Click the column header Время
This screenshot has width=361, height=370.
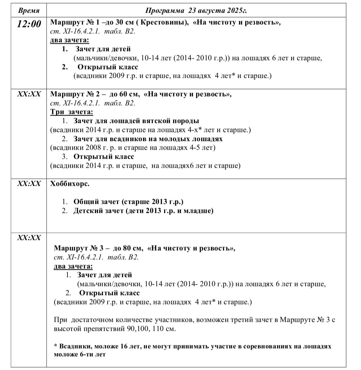29,10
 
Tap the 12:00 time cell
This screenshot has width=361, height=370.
29,24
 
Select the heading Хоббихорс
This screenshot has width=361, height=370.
70,184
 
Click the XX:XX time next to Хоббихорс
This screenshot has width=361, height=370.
29,184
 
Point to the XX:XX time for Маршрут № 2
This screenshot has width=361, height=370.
29,94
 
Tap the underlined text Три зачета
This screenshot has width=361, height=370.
72,112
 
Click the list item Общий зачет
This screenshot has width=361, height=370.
129,202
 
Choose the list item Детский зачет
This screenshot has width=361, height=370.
143,211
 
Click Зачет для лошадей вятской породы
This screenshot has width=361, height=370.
136,121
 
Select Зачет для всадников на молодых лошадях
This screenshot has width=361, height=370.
148,139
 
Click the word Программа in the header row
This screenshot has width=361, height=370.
165,10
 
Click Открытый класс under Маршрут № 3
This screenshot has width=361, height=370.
109,293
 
